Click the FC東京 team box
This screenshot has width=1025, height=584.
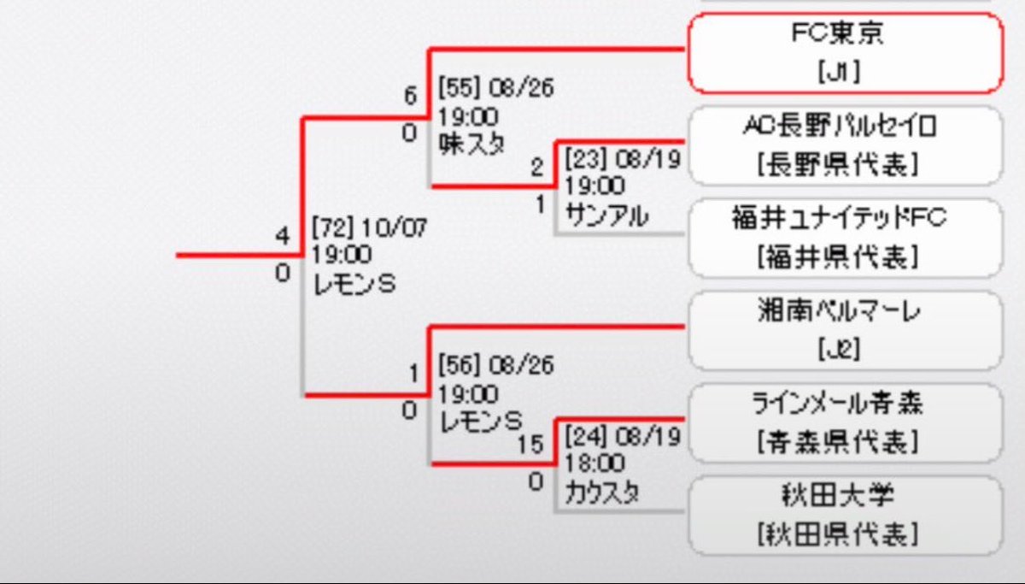[846, 53]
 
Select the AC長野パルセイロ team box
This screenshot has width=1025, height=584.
[846, 145]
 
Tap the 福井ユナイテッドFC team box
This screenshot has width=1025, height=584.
[846, 239]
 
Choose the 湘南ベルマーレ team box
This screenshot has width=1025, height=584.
[846, 331]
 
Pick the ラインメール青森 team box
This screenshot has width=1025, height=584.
[846, 423]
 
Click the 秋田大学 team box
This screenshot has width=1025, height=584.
[846, 516]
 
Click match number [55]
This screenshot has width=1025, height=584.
[460, 87]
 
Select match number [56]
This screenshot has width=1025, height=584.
[460, 365]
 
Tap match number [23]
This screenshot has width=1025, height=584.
[586, 159]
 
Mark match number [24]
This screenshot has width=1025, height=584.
[586, 437]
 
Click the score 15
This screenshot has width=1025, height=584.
[530, 445]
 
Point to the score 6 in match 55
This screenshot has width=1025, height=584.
[411, 96]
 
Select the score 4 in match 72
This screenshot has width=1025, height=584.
[283, 236]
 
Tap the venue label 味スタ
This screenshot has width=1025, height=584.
[471, 144]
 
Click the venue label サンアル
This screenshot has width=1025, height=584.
[606, 215]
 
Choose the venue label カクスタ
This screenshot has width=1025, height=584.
[602, 493]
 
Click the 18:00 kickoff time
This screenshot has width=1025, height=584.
[594, 463]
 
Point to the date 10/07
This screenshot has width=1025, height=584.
[395, 227]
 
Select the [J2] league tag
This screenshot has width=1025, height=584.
[839, 349]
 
